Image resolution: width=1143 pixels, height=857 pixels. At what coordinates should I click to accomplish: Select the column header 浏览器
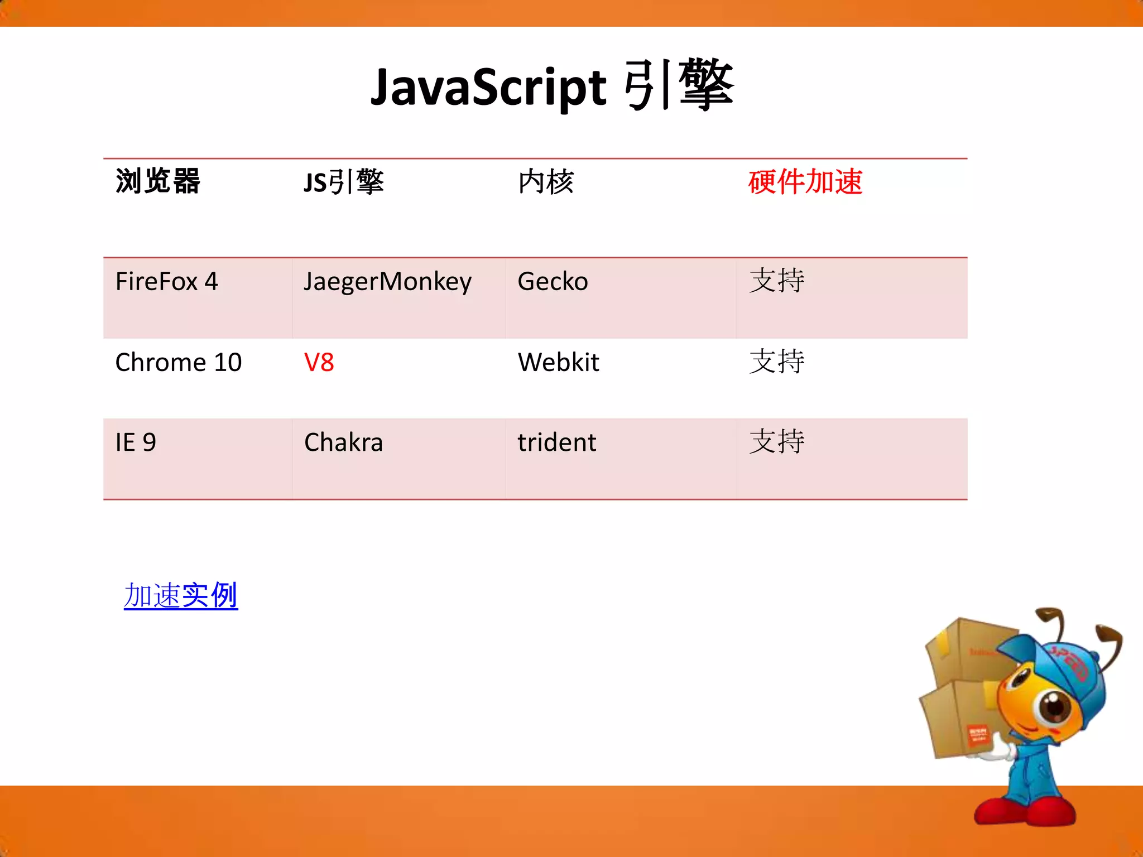click(x=157, y=181)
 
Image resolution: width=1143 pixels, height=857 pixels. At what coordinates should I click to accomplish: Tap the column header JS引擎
click(x=344, y=182)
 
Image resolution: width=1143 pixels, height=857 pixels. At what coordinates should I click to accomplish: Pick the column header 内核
click(x=545, y=182)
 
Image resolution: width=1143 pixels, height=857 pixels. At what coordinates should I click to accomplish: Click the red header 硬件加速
click(x=805, y=182)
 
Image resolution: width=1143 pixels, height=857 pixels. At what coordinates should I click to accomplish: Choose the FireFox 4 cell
click(x=166, y=281)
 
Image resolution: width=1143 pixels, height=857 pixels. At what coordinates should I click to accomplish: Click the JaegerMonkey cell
click(x=387, y=282)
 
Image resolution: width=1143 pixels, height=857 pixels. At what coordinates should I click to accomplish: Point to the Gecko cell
click(x=553, y=281)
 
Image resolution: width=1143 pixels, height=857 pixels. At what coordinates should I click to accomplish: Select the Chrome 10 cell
click(x=178, y=362)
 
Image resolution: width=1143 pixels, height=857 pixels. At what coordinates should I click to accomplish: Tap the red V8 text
click(x=319, y=362)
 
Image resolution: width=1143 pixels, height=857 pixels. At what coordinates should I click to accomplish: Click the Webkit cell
click(x=558, y=362)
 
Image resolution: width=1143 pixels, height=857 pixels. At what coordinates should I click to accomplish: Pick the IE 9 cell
click(x=136, y=442)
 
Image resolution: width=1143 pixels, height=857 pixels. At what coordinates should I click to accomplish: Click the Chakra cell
click(x=343, y=442)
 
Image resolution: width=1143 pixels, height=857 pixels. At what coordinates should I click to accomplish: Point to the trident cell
click(x=556, y=442)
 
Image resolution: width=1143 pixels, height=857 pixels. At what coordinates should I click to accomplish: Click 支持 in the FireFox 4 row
click(x=776, y=281)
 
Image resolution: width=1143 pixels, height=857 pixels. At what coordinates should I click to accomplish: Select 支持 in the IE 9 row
click(x=776, y=442)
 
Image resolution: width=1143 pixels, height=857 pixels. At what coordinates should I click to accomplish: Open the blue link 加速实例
click(x=181, y=595)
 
